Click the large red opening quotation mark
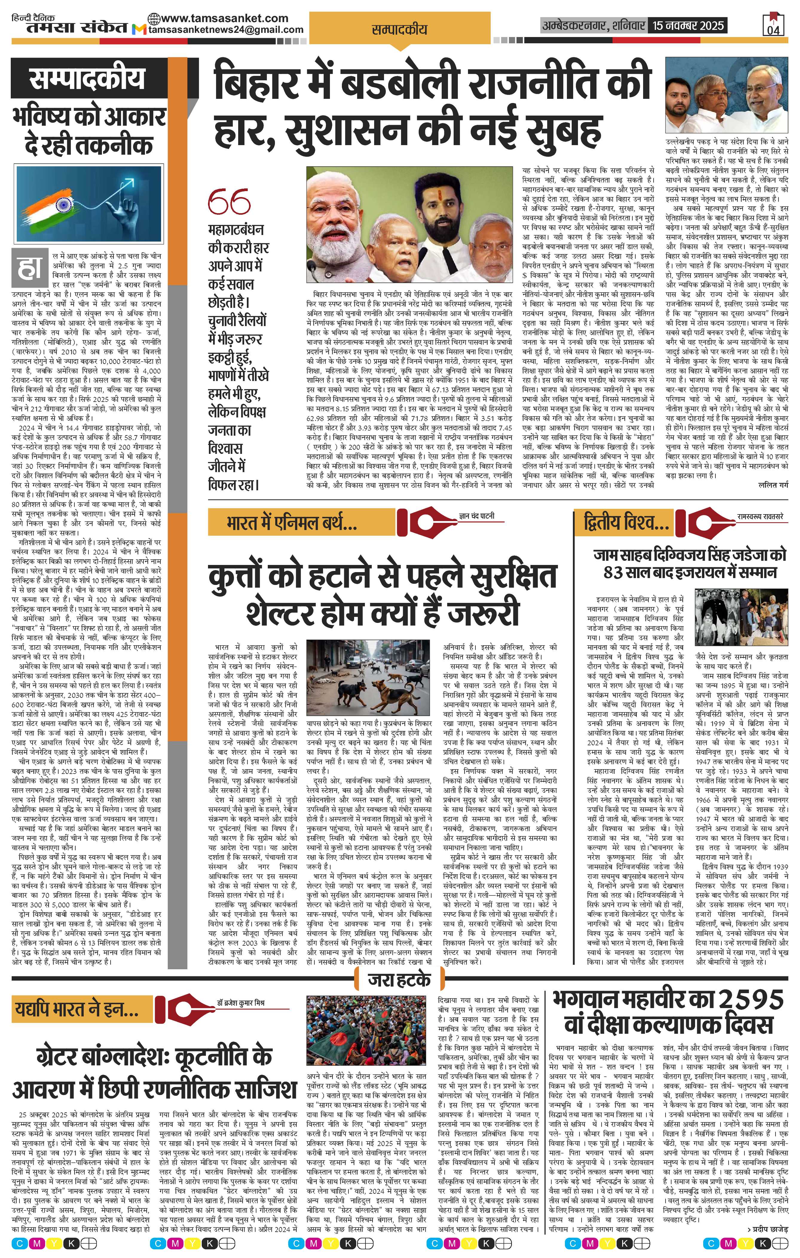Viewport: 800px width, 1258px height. click(229, 201)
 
